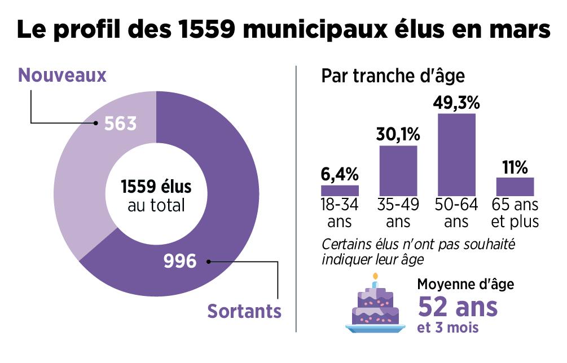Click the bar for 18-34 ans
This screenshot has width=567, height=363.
tap(340, 191)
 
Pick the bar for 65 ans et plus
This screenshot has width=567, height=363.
tap(515, 187)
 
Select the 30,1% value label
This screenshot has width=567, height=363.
tap(398, 135)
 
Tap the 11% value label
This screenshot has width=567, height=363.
tap(515, 167)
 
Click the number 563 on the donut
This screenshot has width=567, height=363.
tap(120, 123)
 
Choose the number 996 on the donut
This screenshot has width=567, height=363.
tap(179, 261)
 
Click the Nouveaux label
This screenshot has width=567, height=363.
tap(62, 76)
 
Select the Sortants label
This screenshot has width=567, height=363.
tap(244, 311)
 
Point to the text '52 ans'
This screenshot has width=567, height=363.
tap(458, 307)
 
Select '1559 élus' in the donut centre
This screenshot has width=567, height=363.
tap(156, 186)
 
